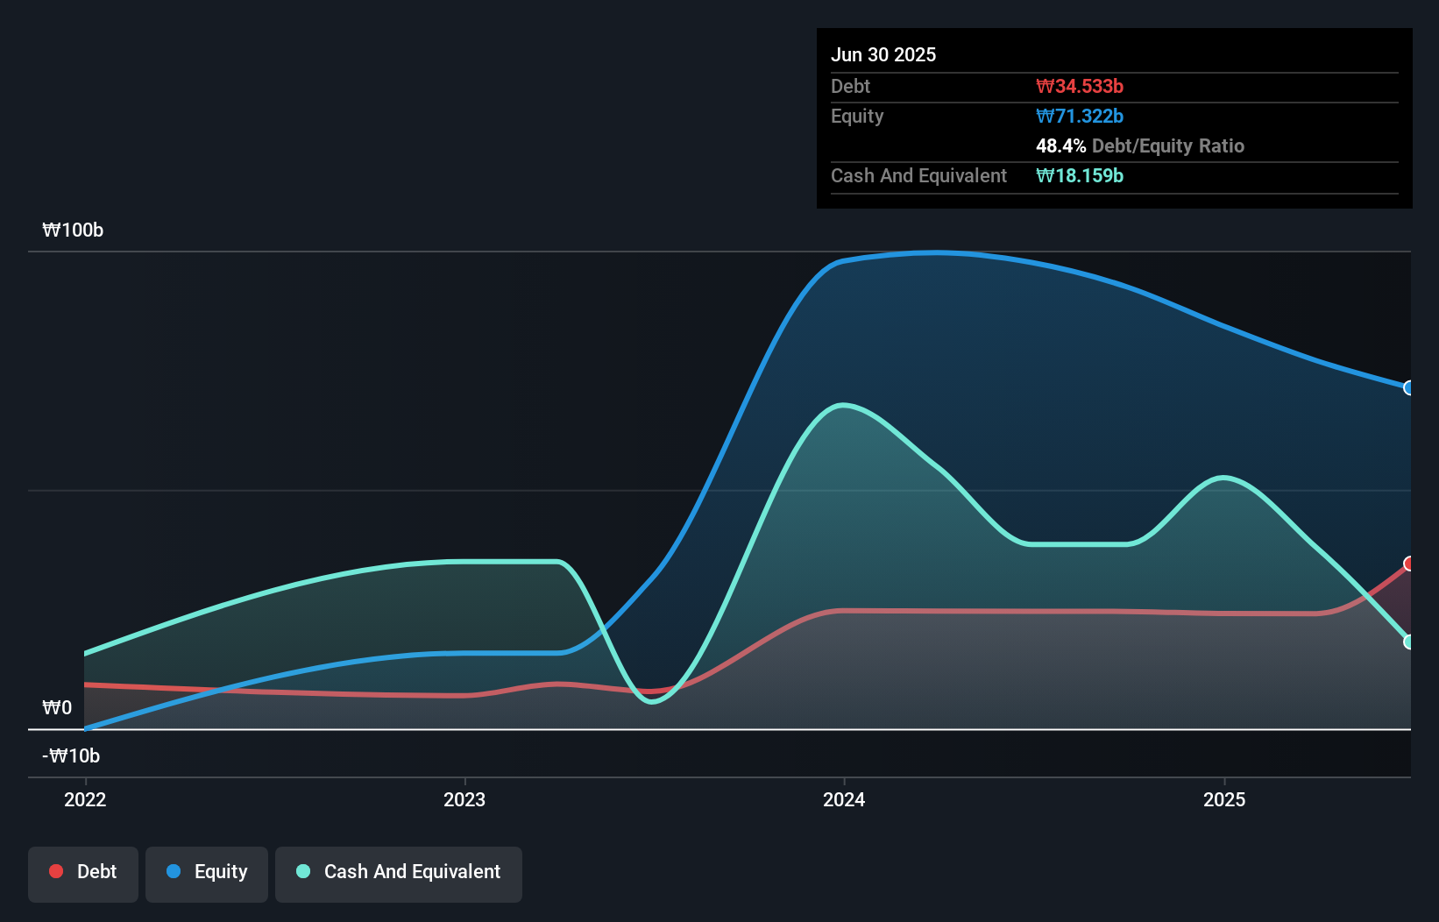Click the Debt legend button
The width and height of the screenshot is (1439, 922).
[x=83, y=872]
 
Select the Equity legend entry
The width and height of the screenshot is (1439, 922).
[x=207, y=872]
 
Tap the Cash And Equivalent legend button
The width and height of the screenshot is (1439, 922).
[x=399, y=872]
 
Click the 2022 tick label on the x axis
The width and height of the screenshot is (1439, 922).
[x=85, y=799]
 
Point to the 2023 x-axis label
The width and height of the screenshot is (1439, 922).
[x=464, y=799]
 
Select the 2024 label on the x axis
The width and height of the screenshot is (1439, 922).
[x=844, y=799]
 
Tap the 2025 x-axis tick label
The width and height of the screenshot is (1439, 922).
[x=1224, y=799]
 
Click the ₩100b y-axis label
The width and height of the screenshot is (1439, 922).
[x=73, y=230]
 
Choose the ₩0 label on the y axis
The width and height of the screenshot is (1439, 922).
[x=57, y=708]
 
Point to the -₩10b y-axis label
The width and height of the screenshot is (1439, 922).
[x=71, y=755]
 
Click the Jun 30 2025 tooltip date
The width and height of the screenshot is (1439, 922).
[x=883, y=54]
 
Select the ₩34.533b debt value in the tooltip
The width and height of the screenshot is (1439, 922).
[x=1080, y=86]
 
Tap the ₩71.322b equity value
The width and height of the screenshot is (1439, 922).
[x=1080, y=116]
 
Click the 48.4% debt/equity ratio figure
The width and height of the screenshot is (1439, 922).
[x=1060, y=145]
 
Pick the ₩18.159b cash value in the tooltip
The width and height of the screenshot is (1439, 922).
[x=1080, y=175]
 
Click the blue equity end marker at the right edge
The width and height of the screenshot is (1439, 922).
[x=1409, y=387]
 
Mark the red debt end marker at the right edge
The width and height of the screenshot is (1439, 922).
[x=1409, y=564]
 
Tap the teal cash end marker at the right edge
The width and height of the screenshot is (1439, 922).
[x=1409, y=642]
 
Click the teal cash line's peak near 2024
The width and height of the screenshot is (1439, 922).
[x=842, y=405]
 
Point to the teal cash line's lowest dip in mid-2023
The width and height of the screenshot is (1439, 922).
[x=652, y=701]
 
